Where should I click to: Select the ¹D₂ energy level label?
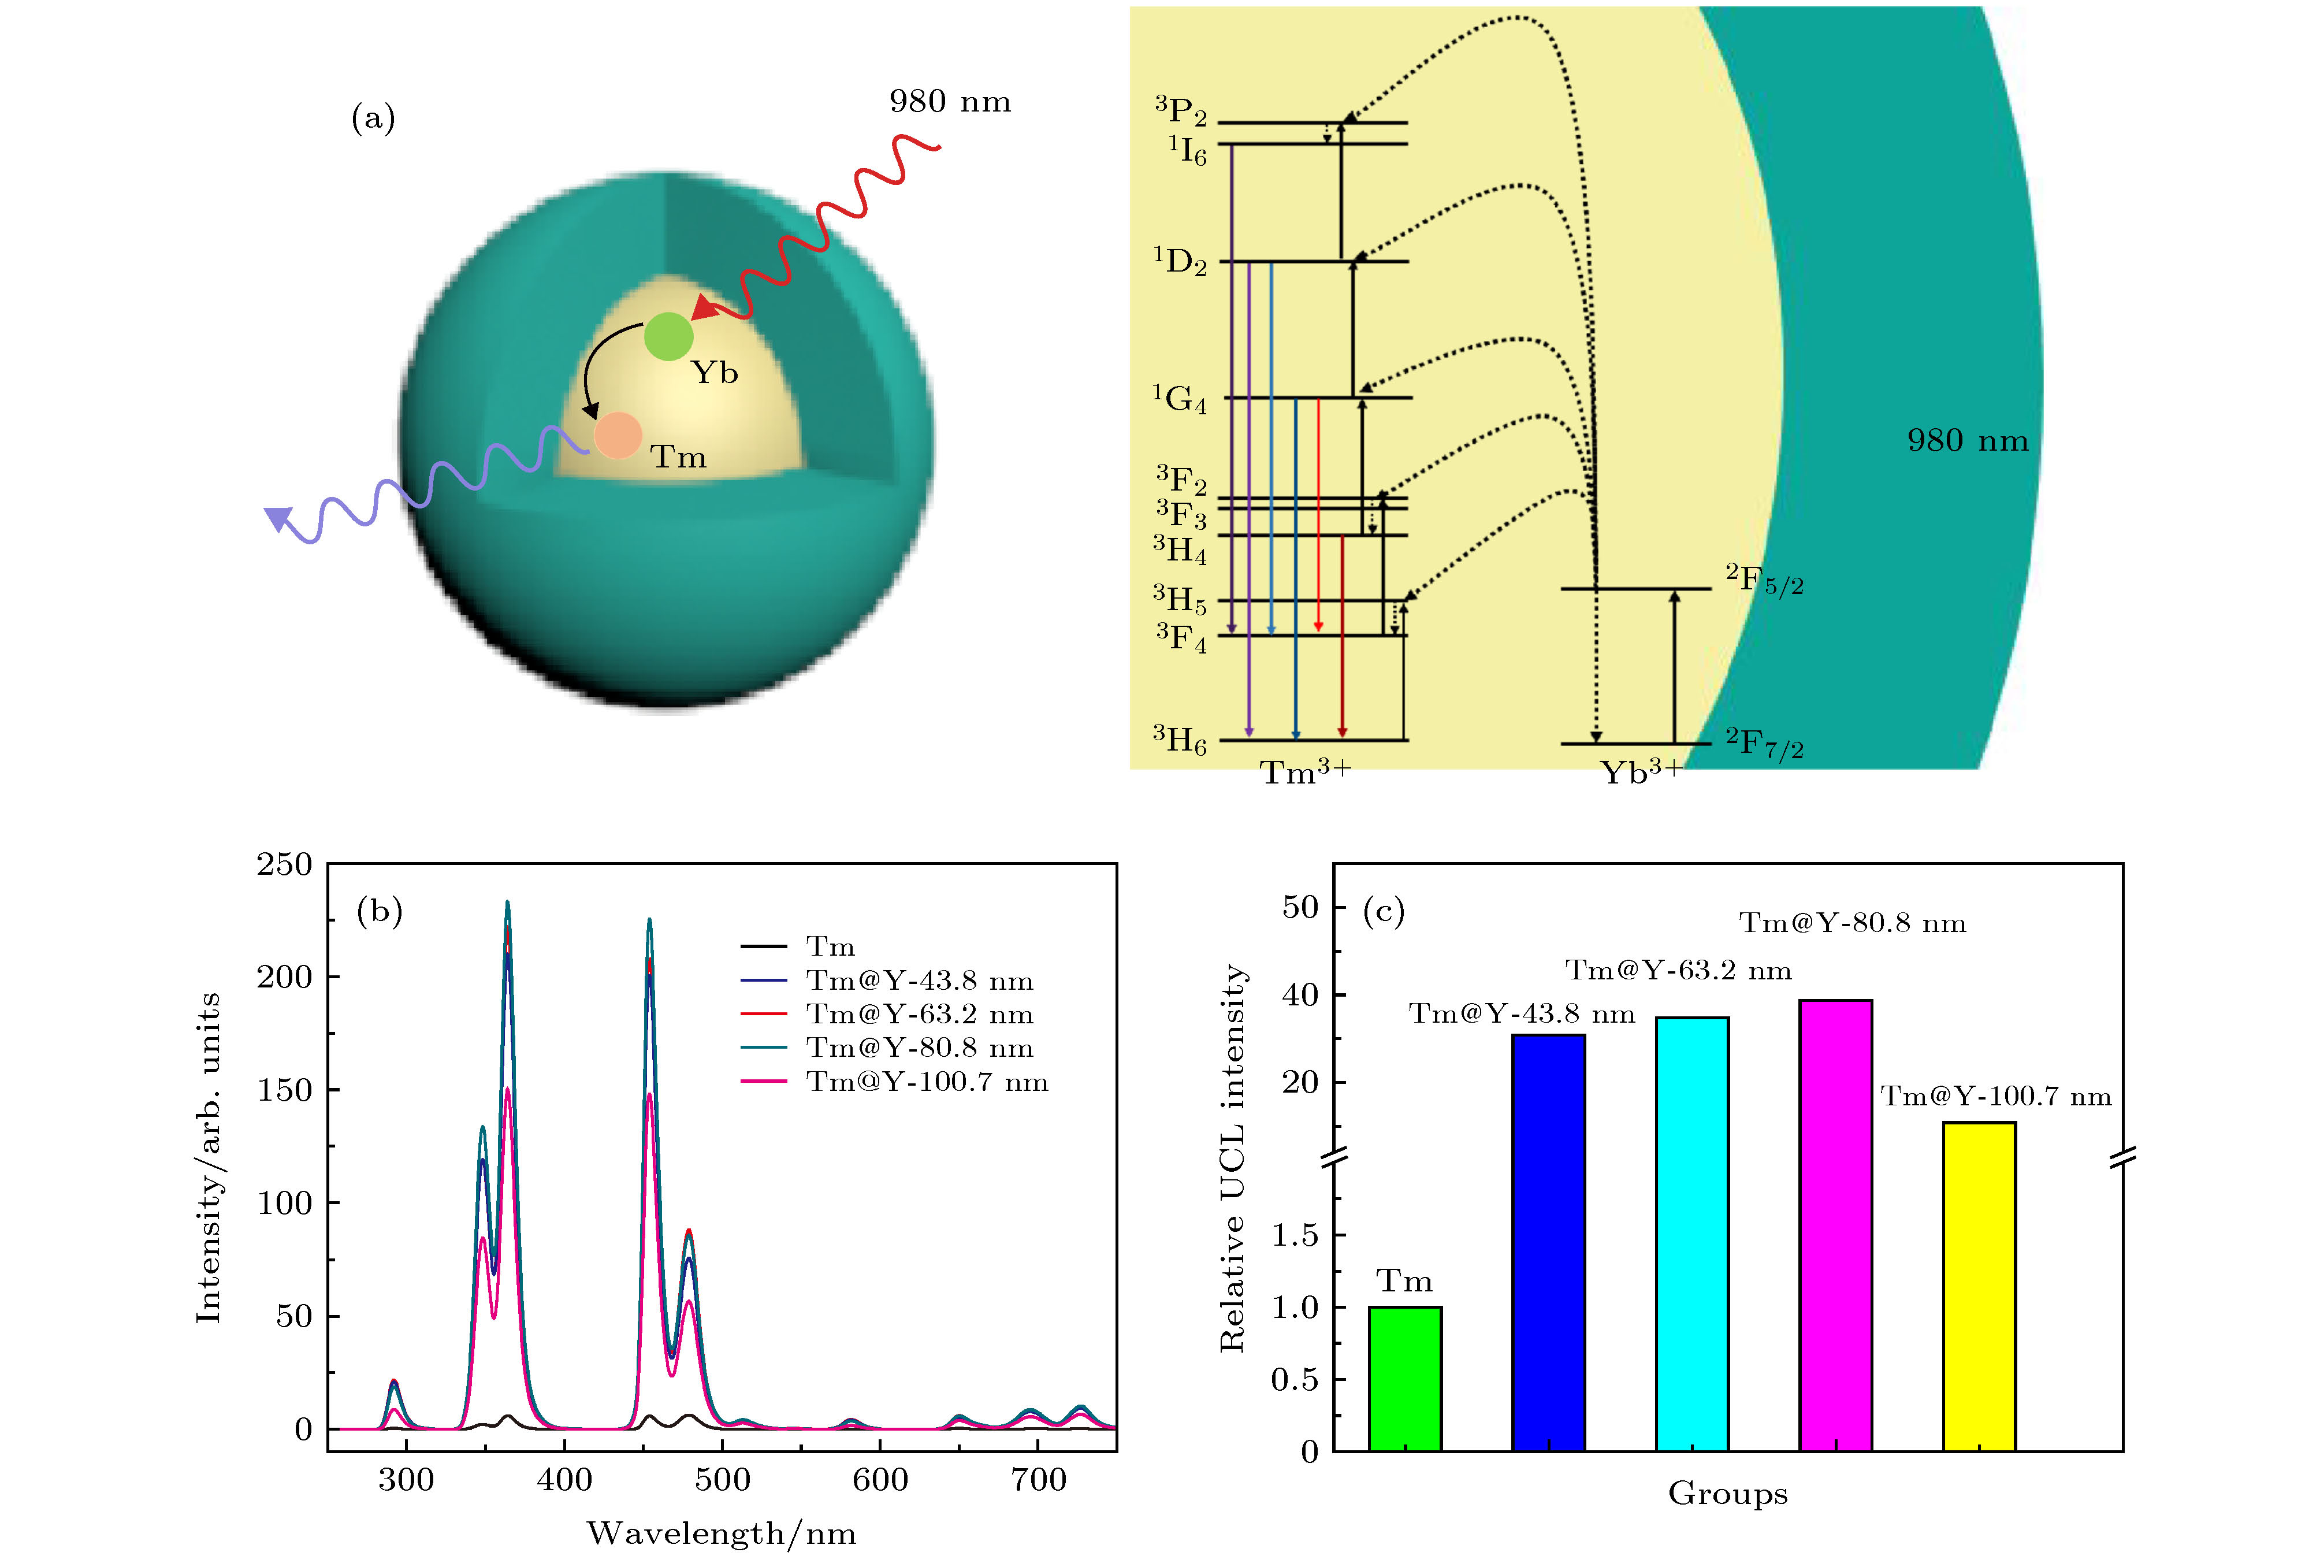coord(1180,262)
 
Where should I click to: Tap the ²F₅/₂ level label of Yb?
coord(1764,581)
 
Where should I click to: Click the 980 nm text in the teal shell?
coord(1967,441)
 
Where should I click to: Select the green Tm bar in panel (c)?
coord(1404,1379)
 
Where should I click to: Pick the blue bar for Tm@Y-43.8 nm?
coord(1548,1242)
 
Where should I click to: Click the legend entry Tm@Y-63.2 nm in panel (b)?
coord(919,1014)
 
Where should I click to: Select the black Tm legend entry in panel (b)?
coord(829,946)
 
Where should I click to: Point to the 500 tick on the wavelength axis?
coord(722,1480)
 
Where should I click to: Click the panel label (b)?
coord(379,910)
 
